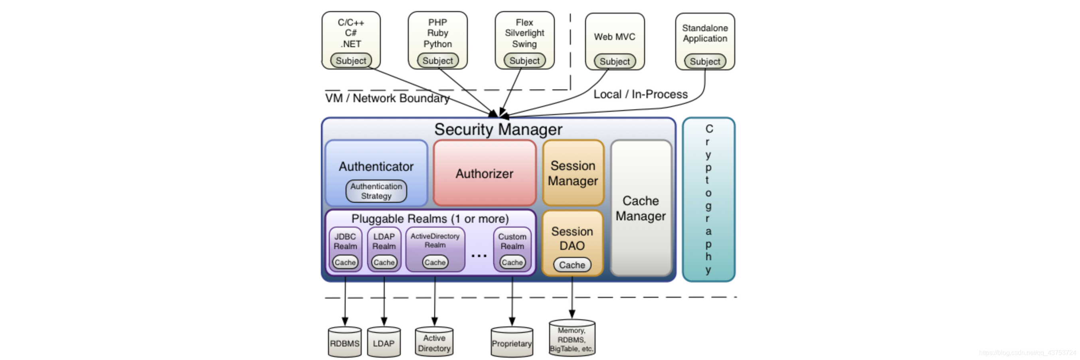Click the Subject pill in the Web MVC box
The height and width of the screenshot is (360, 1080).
pyautogui.click(x=615, y=61)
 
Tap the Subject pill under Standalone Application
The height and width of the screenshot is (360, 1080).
pyautogui.click(x=705, y=61)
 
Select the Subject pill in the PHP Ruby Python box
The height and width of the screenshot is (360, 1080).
pyautogui.click(x=438, y=61)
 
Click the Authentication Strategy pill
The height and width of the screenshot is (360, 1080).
pyautogui.click(x=376, y=191)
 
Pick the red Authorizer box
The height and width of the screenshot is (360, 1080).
pyautogui.click(x=485, y=173)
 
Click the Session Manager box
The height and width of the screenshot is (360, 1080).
pyautogui.click(x=573, y=173)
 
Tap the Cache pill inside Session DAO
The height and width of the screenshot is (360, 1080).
pyautogui.click(x=572, y=265)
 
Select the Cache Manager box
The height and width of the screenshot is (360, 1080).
pyautogui.click(x=641, y=208)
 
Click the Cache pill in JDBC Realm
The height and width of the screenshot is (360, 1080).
pyautogui.click(x=345, y=262)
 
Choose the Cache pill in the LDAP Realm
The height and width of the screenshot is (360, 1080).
pyautogui.click(x=384, y=262)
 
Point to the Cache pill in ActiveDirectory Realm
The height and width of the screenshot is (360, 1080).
pyautogui.click(x=435, y=262)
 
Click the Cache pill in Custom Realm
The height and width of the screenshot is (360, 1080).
pyautogui.click(x=512, y=262)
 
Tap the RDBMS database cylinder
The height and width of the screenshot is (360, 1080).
pyautogui.click(x=344, y=342)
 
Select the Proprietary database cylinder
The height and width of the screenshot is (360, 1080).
pyautogui.click(x=512, y=342)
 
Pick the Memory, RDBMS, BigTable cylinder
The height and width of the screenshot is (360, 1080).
pyautogui.click(x=572, y=338)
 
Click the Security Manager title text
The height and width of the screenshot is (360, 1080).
pyautogui.click(x=498, y=129)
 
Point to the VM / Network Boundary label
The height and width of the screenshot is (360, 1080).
pyautogui.click(x=387, y=98)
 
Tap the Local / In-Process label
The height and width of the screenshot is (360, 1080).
pyautogui.click(x=641, y=94)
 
